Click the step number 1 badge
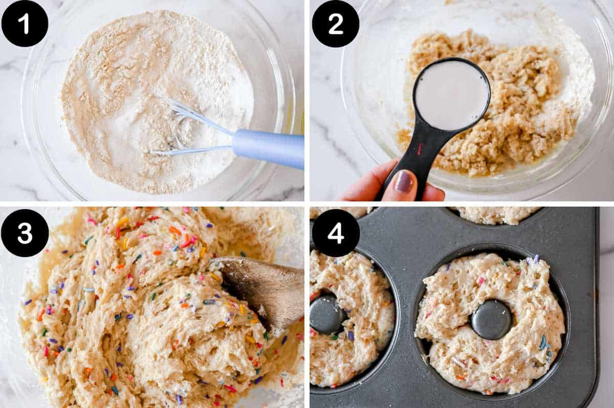click(x=25, y=24)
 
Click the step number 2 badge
click(x=335, y=24)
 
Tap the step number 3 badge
click(x=25, y=232)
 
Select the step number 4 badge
click(x=335, y=232)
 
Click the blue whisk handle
click(x=269, y=148)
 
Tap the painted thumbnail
click(x=404, y=182)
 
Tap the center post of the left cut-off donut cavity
click(x=326, y=313)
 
